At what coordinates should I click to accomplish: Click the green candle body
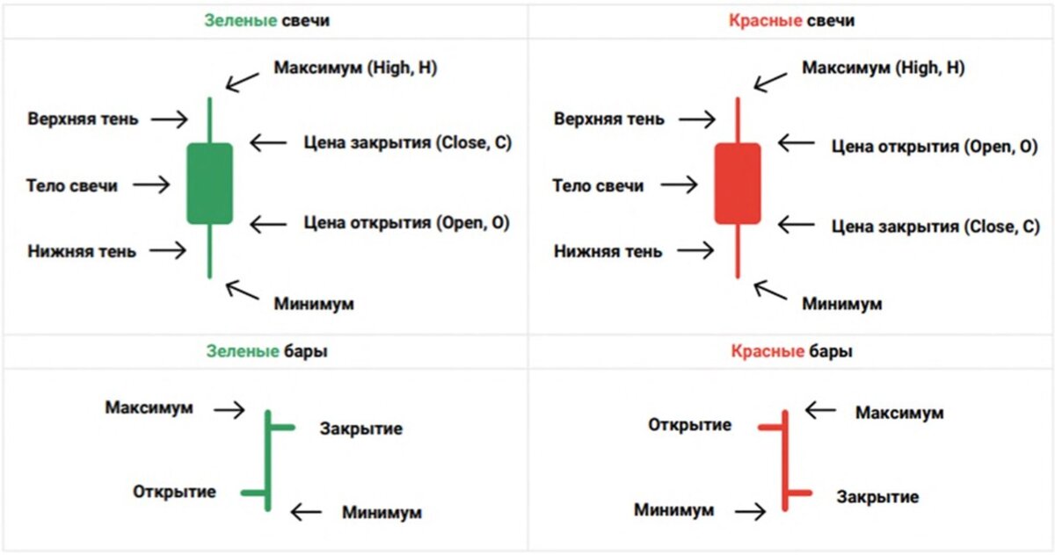[209, 184]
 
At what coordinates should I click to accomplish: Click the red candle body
[737, 184]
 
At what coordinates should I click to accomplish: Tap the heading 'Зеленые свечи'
[266, 19]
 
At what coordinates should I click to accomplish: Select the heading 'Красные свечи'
[791, 19]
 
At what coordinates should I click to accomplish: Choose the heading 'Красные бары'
[790, 351]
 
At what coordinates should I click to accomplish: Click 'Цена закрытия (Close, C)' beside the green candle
[407, 141]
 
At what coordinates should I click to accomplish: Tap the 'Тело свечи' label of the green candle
[72, 185]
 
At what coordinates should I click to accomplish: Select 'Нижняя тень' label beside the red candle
[608, 251]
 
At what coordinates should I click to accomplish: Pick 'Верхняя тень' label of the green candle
[83, 119]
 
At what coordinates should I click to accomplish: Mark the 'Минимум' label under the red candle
[841, 304]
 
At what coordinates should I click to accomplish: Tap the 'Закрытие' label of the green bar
[361, 429]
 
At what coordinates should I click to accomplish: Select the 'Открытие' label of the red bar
[690, 425]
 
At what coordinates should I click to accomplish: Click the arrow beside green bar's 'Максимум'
[229, 408]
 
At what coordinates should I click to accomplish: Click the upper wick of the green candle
[209, 119]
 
